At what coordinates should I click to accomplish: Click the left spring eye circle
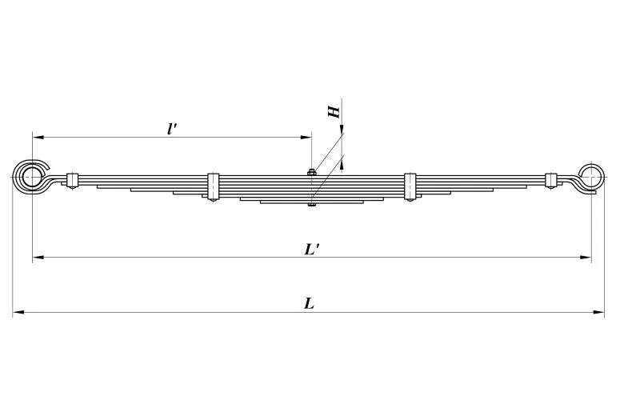[32, 175]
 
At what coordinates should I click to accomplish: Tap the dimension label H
[335, 110]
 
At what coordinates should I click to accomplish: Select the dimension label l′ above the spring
[172, 128]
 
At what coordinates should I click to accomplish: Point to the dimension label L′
[312, 248]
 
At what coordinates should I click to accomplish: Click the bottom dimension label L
[309, 303]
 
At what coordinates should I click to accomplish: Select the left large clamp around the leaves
[213, 186]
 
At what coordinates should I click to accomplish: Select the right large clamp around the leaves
[410, 186]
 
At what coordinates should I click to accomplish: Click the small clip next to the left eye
[71, 180]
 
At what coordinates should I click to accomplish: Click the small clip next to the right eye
[550, 180]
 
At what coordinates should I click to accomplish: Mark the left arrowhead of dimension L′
[38, 258]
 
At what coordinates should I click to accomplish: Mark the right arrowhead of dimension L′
[586, 258]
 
